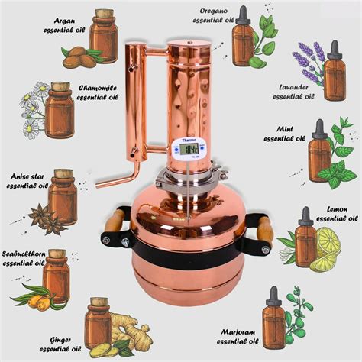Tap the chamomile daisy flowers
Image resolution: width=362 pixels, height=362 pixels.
[x=30, y=112]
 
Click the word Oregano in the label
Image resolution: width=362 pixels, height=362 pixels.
[x=217, y=11]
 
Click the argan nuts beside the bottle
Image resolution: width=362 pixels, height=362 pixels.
[x=79, y=56]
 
